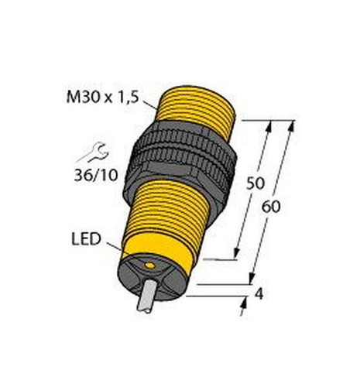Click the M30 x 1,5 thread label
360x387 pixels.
click(x=102, y=98)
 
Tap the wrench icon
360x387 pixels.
click(x=92, y=153)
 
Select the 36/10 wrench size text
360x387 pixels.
click(x=96, y=176)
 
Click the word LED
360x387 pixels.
click(x=86, y=239)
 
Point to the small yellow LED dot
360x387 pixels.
click(x=149, y=265)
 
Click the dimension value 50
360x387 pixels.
click(x=255, y=183)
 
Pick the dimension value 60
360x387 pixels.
click(x=271, y=207)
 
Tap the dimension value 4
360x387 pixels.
click(x=259, y=293)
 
